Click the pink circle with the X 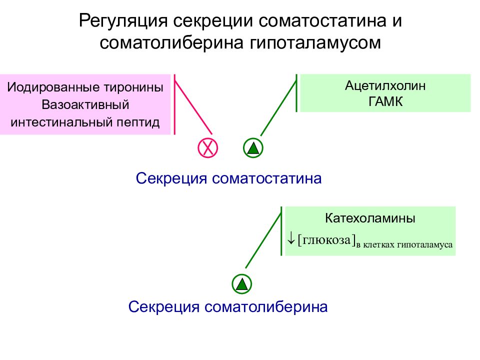click(208, 148)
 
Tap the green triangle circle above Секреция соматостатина click(253, 148)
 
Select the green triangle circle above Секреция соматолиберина click(242, 284)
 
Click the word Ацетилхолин click(385, 85)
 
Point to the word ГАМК click(385, 101)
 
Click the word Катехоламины click(370, 218)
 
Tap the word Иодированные click(53, 87)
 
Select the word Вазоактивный click(85, 104)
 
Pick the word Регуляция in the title click(123, 21)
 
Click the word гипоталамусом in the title click(315, 43)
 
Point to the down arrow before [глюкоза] click(291, 238)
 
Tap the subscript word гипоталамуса click(424, 244)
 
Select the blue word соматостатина click(266, 178)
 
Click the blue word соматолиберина click(266, 306)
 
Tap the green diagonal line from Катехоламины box click(263, 240)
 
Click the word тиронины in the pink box click(134, 87)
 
